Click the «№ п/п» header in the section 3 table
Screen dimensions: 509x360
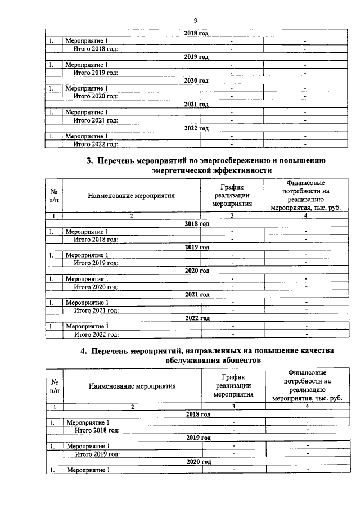[x=54, y=196]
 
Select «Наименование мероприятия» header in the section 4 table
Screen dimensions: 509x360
[x=132, y=386]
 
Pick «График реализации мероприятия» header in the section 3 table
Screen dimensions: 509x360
[x=232, y=195]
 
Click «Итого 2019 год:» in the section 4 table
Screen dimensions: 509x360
[x=98, y=453]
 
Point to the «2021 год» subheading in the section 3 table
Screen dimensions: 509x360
[x=197, y=294]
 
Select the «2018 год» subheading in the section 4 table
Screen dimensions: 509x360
[x=198, y=415]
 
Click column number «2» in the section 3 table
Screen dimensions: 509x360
[x=131, y=216]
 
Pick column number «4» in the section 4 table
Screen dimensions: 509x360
[x=307, y=406]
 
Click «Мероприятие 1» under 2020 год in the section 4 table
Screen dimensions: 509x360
[x=88, y=470]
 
